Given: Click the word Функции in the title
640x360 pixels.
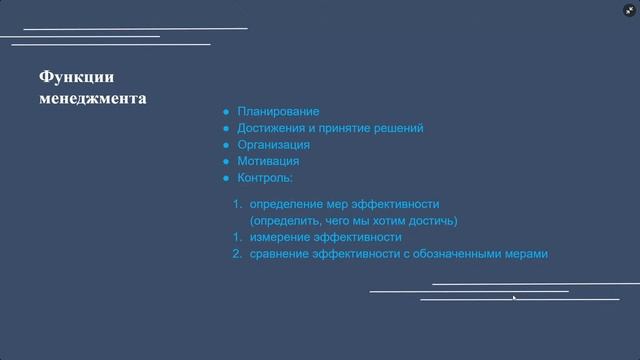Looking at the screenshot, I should [76, 78].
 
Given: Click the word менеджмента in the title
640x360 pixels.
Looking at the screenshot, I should [92, 99].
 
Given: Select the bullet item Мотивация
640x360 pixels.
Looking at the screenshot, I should [268, 160].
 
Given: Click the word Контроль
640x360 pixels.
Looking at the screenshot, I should [264, 177].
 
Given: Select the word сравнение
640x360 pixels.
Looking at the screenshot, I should [280, 254].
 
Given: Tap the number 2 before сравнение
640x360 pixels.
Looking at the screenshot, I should [237, 254].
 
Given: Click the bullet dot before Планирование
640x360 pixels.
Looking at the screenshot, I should [227, 112].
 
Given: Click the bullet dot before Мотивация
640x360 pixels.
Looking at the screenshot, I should [227, 160].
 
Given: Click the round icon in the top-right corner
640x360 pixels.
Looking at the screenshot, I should [628, 10].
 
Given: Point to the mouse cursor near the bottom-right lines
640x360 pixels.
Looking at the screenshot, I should [515, 297].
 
